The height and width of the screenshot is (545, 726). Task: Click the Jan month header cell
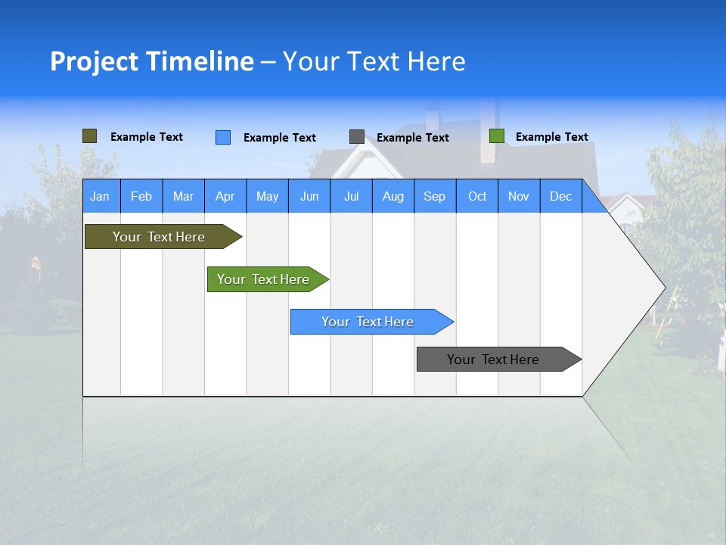click(x=100, y=196)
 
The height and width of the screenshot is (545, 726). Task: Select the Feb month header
click(x=141, y=196)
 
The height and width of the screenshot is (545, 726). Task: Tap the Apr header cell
click(x=225, y=196)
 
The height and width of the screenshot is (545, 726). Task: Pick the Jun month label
click(x=309, y=196)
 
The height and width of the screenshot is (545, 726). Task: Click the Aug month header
click(x=393, y=196)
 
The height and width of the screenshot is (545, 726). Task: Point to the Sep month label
click(x=435, y=196)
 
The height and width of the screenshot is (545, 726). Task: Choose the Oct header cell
click(x=477, y=196)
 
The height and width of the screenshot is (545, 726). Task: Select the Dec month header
click(x=561, y=196)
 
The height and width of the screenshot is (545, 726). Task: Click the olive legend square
click(x=90, y=136)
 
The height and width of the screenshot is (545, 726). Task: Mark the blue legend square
click(x=223, y=137)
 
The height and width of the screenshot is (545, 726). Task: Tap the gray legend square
click(x=357, y=137)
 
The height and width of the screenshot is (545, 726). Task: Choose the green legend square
click(x=497, y=136)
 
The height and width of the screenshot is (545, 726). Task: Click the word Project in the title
click(x=95, y=61)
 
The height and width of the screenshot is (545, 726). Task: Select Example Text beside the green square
click(x=552, y=137)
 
